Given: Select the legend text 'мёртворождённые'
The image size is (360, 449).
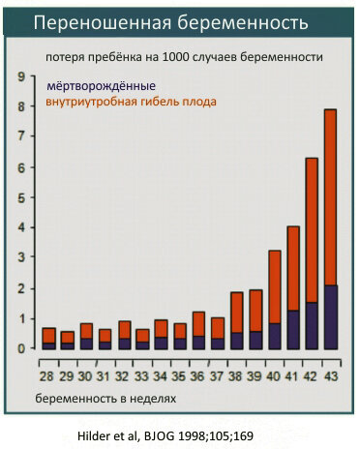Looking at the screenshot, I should coord(100,85).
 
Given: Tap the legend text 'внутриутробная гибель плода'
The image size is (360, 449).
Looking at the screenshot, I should coord(131,102).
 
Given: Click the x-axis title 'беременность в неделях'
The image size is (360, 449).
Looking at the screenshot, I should coord(106,398).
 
